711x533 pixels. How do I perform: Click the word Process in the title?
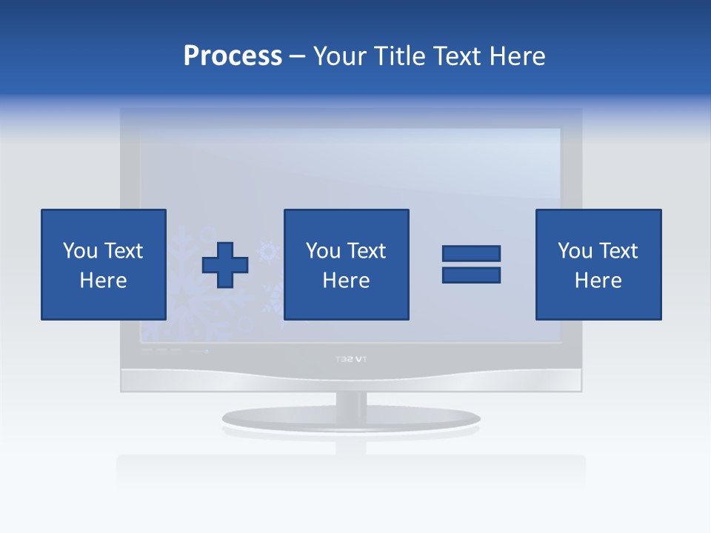[x=233, y=56]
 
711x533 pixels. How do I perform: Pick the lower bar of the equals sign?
[x=471, y=275]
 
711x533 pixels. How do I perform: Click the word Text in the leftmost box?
[x=121, y=251]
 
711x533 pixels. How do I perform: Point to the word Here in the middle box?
[x=346, y=281]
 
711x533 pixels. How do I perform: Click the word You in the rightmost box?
[x=575, y=251]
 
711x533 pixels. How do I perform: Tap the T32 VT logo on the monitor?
[x=351, y=360]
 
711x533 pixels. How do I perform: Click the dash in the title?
[x=297, y=56]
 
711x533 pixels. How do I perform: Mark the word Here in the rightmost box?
[x=598, y=281]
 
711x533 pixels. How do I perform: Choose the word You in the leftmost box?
[x=80, y=251]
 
